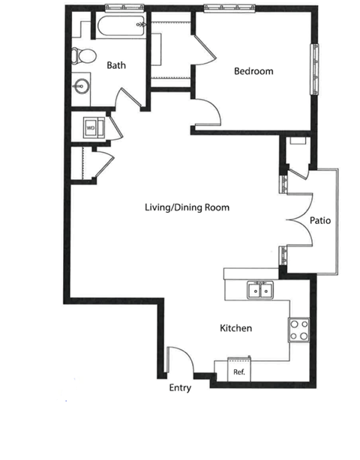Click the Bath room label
tap(116, 65)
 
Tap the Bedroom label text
tap(253, 71)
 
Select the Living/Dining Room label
tap(187, 208)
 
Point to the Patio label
tap(320, 220)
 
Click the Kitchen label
tap(235, 328)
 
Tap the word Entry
tap(180, 388)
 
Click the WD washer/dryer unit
tap(94, 127)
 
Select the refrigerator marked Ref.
tap(239, 369)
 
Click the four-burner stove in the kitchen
tap(298, 330)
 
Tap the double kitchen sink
tap(260, 290)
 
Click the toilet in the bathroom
tap(83, 55)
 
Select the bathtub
tap(121, 25)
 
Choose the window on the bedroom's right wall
tap(314, 69)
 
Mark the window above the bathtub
tap(124, 7)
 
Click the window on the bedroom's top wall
tap(229, 8)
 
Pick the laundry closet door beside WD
tap(116, 128)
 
